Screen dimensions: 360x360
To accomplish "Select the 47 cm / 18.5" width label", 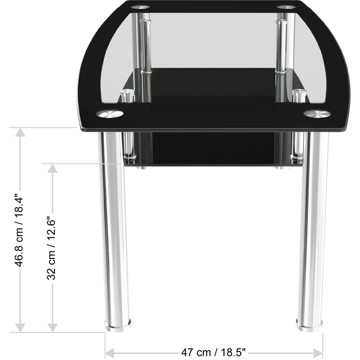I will coord(213,351).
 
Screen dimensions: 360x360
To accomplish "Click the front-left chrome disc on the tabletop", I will coord(109,114).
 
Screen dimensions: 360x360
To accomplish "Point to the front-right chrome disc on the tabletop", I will coord(317,114).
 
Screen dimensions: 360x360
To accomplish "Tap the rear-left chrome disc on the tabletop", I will coord(140,6).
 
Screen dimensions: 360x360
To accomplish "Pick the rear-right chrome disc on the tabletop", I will coord(286,6).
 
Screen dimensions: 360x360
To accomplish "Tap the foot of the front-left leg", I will coord(118,324).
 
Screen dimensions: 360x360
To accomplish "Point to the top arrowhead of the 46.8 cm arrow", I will coord(20,132).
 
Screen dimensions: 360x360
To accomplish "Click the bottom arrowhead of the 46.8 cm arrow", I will coord(20,327).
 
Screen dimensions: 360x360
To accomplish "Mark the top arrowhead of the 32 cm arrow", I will coord(53,168).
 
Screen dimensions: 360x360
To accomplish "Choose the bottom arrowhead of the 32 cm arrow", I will coord(53,327).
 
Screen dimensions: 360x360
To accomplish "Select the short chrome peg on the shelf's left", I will coord(126,96).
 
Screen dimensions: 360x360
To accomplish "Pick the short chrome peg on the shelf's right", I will coord(298,96).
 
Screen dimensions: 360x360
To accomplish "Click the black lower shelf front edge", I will coord(212,165).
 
